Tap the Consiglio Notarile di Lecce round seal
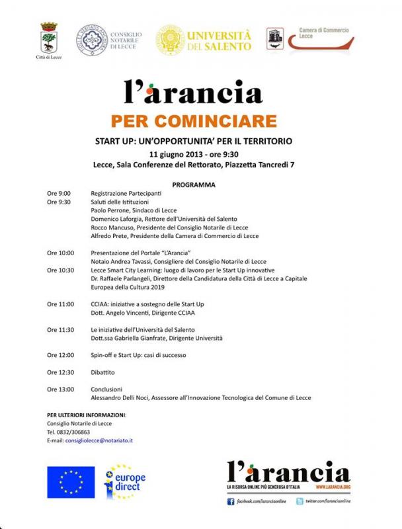tap(90, 40)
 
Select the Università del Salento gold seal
tap(170, 40)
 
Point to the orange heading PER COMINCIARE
tap(202, 122)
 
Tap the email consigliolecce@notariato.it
tap(99, 440)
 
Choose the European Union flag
tap(70, 482)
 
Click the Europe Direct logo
tap(125, 483)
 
